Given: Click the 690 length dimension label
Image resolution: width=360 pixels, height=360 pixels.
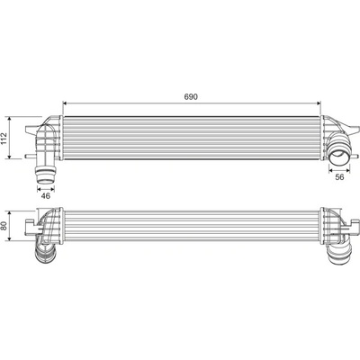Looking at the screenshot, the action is pos(191,97).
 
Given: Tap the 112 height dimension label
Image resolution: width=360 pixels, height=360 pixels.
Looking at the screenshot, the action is pos(4,138).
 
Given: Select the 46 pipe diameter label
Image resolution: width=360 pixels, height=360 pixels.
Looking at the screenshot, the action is pos(46,196).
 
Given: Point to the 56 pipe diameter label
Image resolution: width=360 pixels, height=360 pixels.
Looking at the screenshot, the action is pos(339,177).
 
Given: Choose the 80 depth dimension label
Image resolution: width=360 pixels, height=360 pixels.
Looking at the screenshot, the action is pos(4,226).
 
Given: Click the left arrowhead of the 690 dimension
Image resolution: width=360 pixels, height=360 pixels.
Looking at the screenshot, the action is pos(65,103).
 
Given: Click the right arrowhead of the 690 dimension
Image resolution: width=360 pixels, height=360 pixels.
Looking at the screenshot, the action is pos(319,103).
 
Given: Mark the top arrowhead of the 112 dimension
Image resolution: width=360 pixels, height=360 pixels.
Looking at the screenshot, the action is pos(10,119).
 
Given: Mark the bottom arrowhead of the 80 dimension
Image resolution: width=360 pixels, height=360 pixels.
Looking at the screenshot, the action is pos(10,238).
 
